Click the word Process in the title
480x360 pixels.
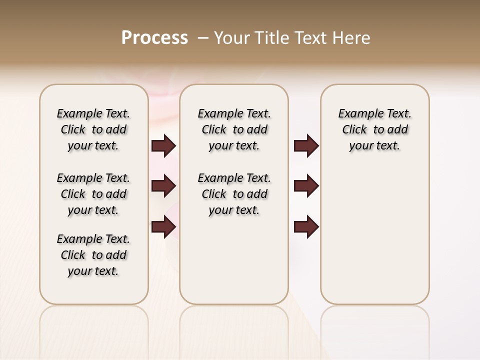154,37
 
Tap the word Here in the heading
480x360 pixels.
352,37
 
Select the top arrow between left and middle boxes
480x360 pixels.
163,146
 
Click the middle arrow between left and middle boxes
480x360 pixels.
163,186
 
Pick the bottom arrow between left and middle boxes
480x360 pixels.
163,226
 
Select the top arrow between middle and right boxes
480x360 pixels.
306,146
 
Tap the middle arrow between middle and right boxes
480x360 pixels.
306,186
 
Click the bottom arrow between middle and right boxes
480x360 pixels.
306,226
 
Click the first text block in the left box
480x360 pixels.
93,129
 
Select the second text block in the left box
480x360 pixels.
93,194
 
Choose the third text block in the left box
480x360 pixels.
93,255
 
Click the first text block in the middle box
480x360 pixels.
234,129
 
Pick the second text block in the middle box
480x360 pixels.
234,194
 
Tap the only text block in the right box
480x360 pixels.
374,129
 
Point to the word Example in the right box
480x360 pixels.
357,114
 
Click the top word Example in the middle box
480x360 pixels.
216,114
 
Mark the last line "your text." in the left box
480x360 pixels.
93,271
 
